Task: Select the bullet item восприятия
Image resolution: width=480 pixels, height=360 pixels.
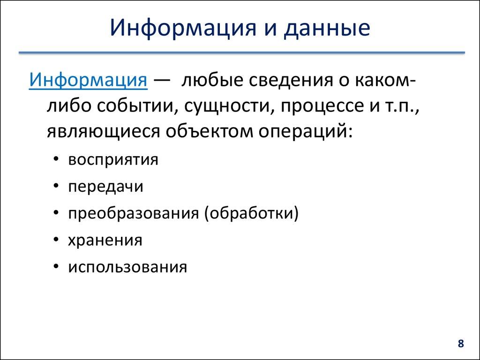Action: (x=113, y=160)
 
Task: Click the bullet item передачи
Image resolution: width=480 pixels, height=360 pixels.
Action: (x=105, y=187)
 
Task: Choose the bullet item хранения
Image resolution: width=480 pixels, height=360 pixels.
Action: (x=105, y=240)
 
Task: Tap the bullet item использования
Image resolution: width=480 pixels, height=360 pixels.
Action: (x=127, y=267)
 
